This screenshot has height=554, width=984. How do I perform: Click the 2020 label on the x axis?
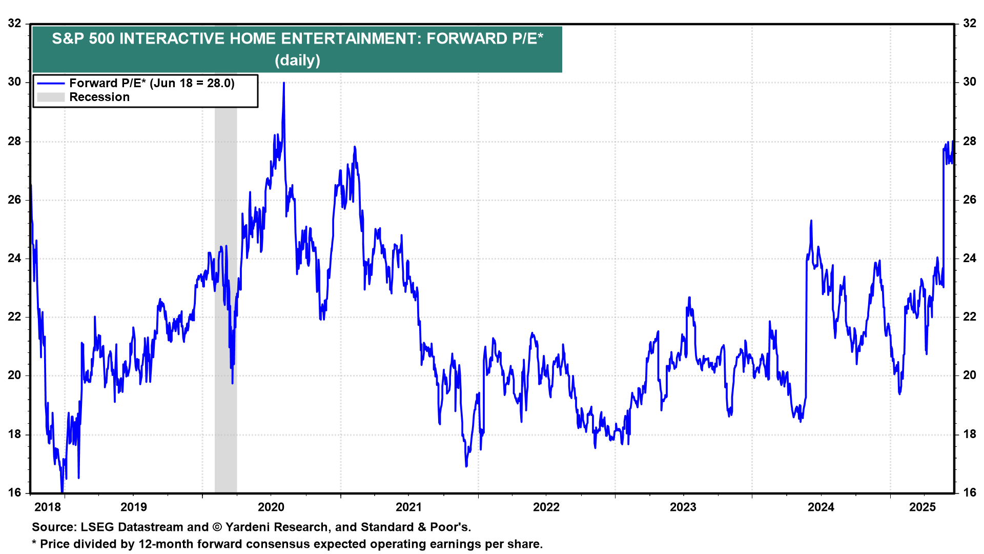click(x=271, y=507)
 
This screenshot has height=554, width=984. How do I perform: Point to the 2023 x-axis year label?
click(x=683, y=507)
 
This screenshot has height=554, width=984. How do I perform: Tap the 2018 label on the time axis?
click(x=47, y=507)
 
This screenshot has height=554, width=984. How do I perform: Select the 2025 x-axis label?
click(x=922, y=507)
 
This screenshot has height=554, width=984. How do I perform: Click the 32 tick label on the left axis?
click(x=15, y=23)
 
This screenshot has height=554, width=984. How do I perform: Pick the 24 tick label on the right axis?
click(x=969, y=258)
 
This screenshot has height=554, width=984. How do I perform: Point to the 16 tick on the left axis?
click(x=15, y=492)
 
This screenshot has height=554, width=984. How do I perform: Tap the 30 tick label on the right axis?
click(x=969, y=82)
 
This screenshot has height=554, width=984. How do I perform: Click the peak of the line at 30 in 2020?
click(x=283, y=83)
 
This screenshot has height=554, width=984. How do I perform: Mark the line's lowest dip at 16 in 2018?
click(x=62, y=491)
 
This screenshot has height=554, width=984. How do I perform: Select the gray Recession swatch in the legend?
click(x=51, y=97)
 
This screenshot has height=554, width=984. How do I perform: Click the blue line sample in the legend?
click(x=51, y=84)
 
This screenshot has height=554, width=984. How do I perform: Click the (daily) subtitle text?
click(x=297, y=61)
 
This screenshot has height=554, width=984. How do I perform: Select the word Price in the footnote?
click(x=55, y=544)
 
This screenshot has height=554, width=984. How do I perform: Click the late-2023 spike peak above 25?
click(x=811, y=221)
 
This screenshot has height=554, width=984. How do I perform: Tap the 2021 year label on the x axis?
click(x=408, y=507)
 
